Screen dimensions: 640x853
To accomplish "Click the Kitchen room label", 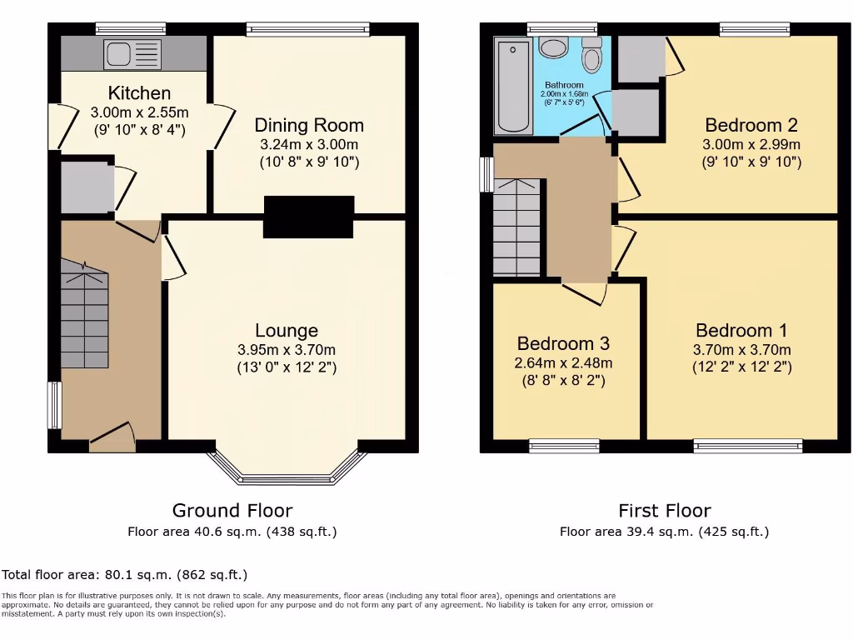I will coord(139,92).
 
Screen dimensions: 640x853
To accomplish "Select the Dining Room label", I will coord(309,125).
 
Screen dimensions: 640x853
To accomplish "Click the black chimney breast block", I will coord(308,217).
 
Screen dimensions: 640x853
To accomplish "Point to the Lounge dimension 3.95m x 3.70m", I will coord(287,350).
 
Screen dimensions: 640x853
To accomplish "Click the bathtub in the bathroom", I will coord(512,84).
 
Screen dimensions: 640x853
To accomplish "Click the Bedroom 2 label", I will coord(751,125).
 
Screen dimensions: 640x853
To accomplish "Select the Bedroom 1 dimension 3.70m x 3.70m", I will coord(742,350).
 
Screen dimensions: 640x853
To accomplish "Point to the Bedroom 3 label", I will coord(563,343).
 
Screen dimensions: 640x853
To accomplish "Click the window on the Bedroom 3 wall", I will coord(564,447).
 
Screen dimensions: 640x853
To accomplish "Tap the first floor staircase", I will coord(517,227).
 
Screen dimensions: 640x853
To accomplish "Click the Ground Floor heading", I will coord(232,510).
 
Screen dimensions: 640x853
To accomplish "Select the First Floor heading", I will coord(664,510).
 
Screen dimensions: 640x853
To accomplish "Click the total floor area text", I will coord(125,575).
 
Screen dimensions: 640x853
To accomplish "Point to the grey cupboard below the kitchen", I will coord(86,187).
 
